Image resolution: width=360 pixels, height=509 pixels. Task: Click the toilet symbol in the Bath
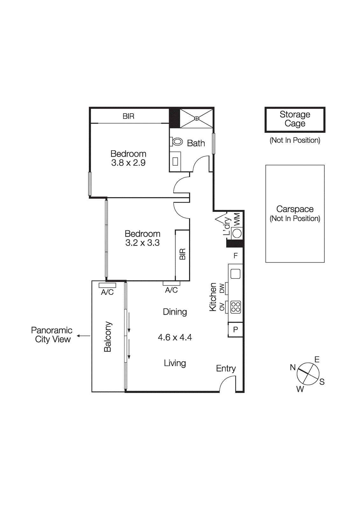point(177,142)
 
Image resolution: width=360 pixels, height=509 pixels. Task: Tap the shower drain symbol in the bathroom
point(197,118)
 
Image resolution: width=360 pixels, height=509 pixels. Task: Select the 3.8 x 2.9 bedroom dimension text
point(128,163)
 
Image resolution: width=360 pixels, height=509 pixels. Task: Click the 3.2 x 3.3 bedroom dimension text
point(142,243)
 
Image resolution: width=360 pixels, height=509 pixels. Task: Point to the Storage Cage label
point(295,119)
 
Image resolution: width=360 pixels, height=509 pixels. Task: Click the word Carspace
point(295,209)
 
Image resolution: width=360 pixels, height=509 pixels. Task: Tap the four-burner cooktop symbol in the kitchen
point(236,307)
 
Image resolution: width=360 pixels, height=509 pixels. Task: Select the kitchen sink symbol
point(235,274)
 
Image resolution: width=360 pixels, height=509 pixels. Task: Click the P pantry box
point(236,330)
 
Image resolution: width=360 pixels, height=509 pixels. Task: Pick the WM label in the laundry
point(237,220)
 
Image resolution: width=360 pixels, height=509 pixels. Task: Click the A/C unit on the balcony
point(107,285)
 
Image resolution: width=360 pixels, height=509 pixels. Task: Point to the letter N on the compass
point(293,367)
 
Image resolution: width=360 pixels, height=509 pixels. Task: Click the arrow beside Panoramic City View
point(83,336)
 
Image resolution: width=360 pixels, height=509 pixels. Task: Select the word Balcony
point(108,337)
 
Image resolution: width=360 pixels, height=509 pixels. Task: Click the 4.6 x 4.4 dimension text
point(175,337)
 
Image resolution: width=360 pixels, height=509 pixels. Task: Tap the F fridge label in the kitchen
point(236,256)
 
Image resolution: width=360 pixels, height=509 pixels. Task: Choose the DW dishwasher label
point(222,288)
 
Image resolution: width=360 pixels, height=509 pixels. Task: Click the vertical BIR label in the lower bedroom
point(182,254)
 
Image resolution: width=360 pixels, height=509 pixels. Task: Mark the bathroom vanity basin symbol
point(175,161)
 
